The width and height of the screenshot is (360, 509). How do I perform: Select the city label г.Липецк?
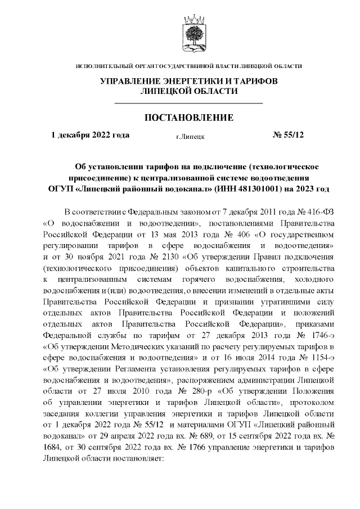pos(190,136)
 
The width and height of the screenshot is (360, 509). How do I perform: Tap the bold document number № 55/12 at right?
pos(288,135)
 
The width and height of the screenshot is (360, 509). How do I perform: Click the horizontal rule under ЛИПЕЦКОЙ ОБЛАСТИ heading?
pos(189,103)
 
